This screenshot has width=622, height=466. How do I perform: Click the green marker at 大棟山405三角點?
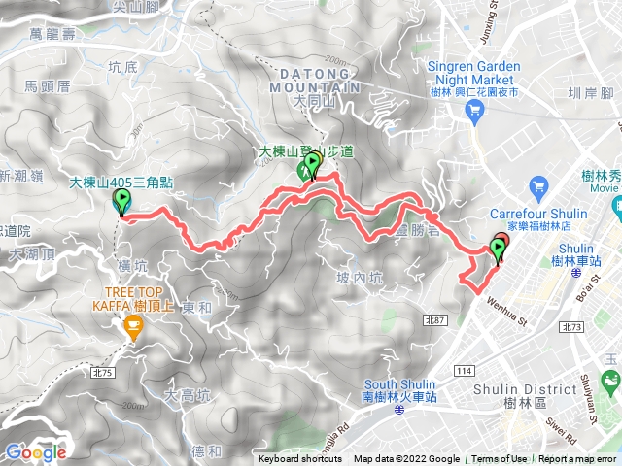(122, 201)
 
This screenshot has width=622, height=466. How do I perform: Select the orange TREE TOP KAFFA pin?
(131, 331)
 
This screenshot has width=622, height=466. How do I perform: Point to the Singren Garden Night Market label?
(474, 74)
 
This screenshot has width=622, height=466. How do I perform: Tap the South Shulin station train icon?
(399, 411)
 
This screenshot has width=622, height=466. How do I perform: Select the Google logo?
(35, 451)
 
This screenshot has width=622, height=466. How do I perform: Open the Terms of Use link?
(500, 459)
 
